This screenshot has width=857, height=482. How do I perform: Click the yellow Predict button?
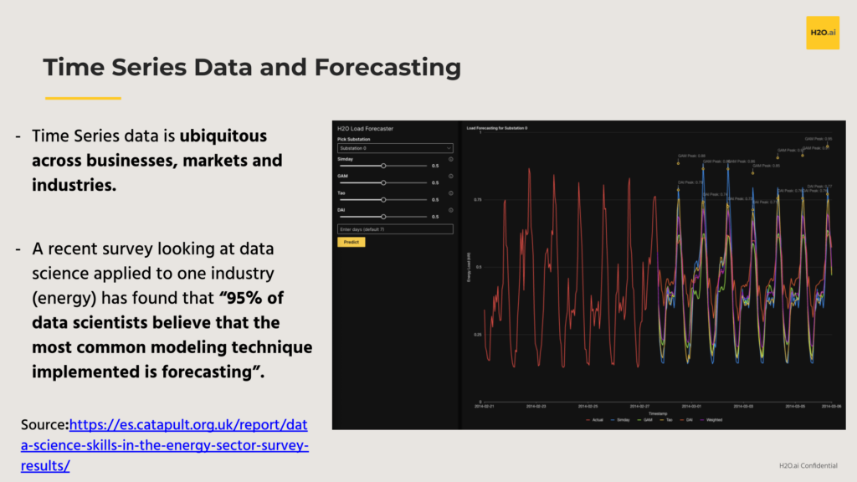click(x=352, y=242)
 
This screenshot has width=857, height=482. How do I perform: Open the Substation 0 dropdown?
click(x=395, y=148)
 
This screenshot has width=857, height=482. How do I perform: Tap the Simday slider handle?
click(x=383, y=166)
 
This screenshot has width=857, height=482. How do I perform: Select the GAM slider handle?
click(x=383, y=182)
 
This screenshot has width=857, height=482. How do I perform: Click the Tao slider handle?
click(x=383, y=200)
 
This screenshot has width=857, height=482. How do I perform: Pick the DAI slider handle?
click(x=383, y=217)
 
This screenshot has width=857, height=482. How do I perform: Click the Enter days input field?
click(x=395, y=229)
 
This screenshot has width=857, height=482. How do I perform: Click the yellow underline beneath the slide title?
click(x=83, y=98)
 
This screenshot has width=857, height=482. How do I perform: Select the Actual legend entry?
click(x=596, y=419)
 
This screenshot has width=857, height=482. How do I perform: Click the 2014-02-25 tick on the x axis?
click(x=586, y=407)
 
